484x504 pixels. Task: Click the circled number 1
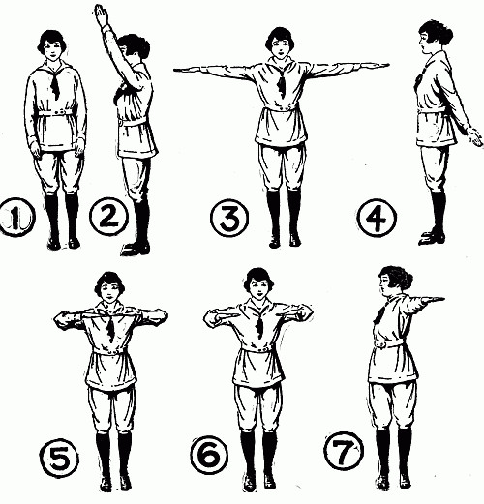16,218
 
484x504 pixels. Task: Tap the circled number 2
108,216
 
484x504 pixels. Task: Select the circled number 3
229,217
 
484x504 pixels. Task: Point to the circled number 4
377,217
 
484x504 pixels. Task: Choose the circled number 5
59,458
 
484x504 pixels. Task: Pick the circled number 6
209,454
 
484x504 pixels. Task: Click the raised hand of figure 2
101,15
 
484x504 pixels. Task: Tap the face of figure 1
51,49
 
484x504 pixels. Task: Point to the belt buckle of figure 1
60,112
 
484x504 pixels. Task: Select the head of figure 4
435,37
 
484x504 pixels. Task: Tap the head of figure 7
395,282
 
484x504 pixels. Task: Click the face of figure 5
108,292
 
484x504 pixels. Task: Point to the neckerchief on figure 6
260,326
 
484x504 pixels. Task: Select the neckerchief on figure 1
55,84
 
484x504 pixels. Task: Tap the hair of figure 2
136,44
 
